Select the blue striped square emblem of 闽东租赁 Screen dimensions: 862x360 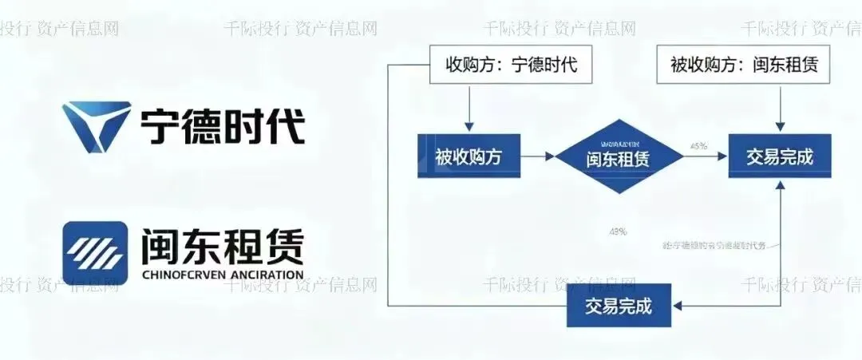click(x=95, y=252)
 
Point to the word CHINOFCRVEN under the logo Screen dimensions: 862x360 click(x=181, y=275)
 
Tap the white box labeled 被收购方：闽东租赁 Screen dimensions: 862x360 click(x=744, y=65)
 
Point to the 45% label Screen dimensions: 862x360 click(x=698, y=146)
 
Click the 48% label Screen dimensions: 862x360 click(x=619, y=231)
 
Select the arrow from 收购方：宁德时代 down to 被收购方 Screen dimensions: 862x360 click(x=469, y=108)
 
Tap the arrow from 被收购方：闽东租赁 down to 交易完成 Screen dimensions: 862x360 click(x=779, y=108)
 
